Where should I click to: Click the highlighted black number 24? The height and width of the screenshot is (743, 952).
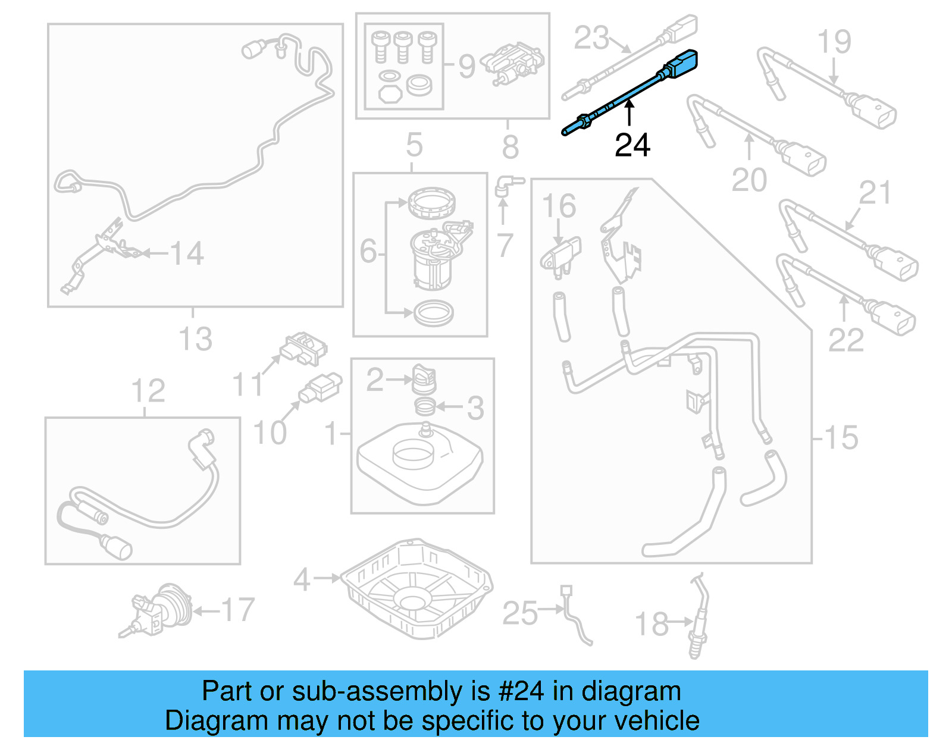point(632,145)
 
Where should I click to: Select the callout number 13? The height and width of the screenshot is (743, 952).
point(195,339)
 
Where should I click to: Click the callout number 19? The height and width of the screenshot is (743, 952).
point(834,42)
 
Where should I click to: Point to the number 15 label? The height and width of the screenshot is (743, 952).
point(841,438)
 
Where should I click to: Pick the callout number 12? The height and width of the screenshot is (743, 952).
point(148,391)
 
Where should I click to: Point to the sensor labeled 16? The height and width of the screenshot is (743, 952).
point(559,256)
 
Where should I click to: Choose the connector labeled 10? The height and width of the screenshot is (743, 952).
point(321,388)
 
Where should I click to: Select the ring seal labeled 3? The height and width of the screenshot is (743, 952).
point(425,407)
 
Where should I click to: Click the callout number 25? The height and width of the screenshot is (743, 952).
point(519,613)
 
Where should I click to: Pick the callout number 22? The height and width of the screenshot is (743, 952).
point(845,340)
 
